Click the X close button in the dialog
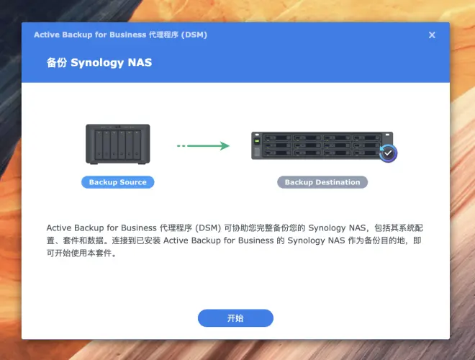[432, 35]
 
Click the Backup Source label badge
[118, 182]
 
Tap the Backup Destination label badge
[322, 182]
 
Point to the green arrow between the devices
[203, 145]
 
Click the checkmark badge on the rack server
[388, 153]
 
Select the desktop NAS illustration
[118, 144]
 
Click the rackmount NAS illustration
[322, 145]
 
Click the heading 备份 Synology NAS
[99, 63]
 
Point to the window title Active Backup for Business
[90, 35]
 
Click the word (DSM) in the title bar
[194, 35]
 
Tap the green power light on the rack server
[257, 141]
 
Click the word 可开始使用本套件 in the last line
[79, 253]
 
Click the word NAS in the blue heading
[140, 63]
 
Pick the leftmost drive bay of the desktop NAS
[99, 145]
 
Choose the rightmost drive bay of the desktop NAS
[137, 145]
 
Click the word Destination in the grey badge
[338, 182]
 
